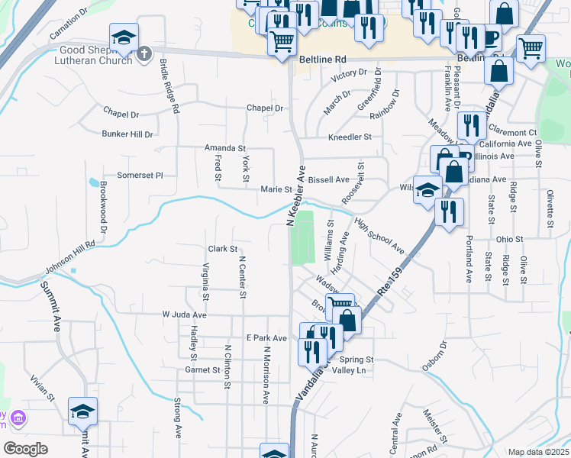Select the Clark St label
223,249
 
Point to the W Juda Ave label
184,314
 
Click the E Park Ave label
266,338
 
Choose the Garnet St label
202,370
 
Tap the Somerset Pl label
140,176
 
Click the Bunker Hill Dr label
127,134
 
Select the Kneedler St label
349,137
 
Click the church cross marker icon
145,53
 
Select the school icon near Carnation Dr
123,37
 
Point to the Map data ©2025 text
538,452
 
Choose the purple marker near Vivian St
18,418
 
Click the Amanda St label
224,148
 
